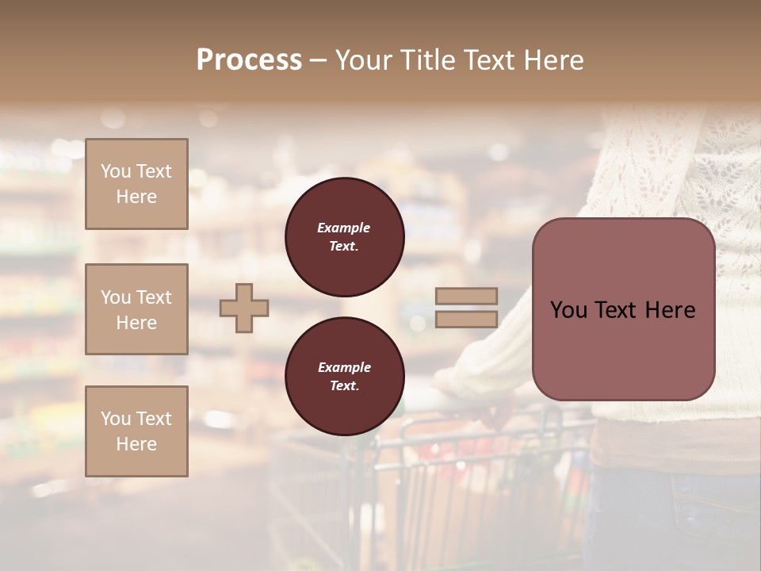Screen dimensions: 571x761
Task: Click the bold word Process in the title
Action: pos(249,59)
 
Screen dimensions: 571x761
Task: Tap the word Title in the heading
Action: pos(428,59)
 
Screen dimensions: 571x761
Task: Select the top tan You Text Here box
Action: pos(136,184)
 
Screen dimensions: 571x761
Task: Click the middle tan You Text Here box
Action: pos(136,309)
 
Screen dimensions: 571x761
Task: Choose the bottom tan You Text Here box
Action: pos(136,431)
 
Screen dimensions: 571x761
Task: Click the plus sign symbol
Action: pos(244,307)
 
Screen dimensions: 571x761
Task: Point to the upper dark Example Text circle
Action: pos(345,237)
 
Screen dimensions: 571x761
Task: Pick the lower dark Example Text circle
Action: pos(345,377)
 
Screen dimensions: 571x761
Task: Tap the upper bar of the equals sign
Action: pos(467,296)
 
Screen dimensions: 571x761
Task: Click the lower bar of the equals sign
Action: pos(467,320)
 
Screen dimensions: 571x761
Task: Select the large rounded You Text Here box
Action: pos(623,309)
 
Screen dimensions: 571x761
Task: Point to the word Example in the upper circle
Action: pos(344,228)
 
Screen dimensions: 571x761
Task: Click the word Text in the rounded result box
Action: pos(617,310)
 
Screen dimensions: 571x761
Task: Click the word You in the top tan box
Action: pos(116,171)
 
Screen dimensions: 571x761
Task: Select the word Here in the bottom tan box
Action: pos(136,444)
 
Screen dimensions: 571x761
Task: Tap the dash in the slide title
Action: pos(318,60)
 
